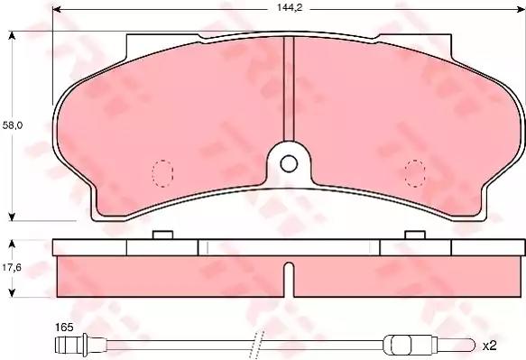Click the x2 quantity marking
pos(490,345)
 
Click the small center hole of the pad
pos(288,163)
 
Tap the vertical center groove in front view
pos(288,90)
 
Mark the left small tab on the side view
pos(163,235)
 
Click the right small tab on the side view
pos(415,235)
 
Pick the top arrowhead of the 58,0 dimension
pos(12,35)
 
